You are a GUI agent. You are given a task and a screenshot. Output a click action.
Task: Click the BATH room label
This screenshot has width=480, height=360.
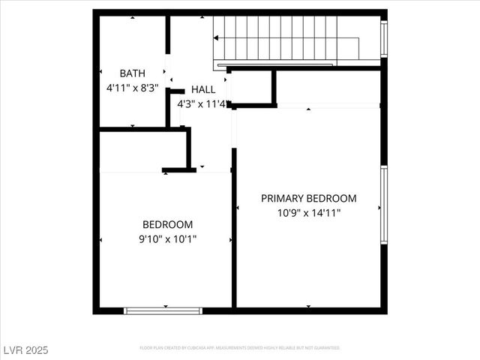(133, 73)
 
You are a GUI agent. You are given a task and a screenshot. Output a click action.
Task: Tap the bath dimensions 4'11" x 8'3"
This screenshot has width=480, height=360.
(133, 87)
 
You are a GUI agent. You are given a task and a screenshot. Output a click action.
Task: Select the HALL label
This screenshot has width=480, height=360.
(202, 89)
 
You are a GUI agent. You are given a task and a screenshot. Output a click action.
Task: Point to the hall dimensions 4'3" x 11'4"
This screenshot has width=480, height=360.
(201, 103)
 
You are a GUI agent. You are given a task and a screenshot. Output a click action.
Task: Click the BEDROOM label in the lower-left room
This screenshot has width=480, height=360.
(167, 224)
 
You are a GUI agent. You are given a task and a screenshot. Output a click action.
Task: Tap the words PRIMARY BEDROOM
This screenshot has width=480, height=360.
(308, 198)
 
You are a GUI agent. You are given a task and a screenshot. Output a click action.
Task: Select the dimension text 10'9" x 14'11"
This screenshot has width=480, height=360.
(308, 212)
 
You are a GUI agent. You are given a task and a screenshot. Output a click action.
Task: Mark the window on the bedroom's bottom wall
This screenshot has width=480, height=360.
(163, 310)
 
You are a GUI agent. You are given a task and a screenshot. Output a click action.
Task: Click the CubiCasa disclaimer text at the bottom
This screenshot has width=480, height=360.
(240, 348)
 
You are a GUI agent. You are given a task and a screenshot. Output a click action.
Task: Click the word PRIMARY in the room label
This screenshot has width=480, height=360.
(282, 198)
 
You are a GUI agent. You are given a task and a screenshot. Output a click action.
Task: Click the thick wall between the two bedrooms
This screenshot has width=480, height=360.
(234, 232)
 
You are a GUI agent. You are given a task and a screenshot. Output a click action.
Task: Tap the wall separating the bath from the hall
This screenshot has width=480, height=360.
(168, 71)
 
